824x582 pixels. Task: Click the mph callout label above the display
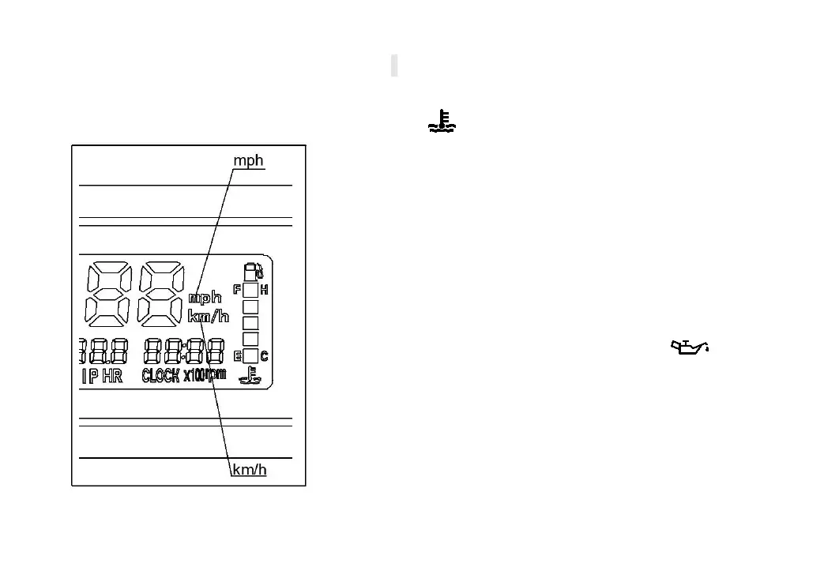(x=248, y=160)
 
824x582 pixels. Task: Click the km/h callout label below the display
(x=249, y=470)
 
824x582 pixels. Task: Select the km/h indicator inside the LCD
(x=208, y=317)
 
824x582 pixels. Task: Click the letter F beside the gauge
(x=237, y=290)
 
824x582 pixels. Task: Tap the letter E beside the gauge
(x=237, y=356)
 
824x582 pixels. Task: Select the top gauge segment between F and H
(x=250, y=290)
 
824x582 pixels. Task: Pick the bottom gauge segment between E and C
(x=250, y=355)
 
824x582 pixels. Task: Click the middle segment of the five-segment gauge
(x=250, y=322)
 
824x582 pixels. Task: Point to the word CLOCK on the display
(x=160, y=376)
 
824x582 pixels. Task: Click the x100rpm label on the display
(x=205, y=375)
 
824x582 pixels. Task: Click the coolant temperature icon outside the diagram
(x=445, y=122)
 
